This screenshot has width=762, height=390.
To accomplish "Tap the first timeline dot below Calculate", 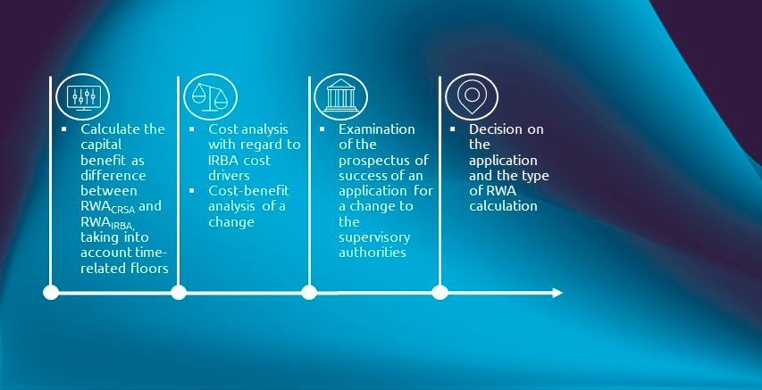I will tap(51, 293).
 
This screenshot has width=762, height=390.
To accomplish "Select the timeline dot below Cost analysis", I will tap(179, 293).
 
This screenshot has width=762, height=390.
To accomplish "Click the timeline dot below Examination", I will tap(309, 293).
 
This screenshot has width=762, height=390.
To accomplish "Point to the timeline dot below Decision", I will tap(440, 293).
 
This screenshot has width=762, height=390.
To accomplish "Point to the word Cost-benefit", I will tap(248, 192).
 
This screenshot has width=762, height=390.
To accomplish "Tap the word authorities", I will tap(373, 253).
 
